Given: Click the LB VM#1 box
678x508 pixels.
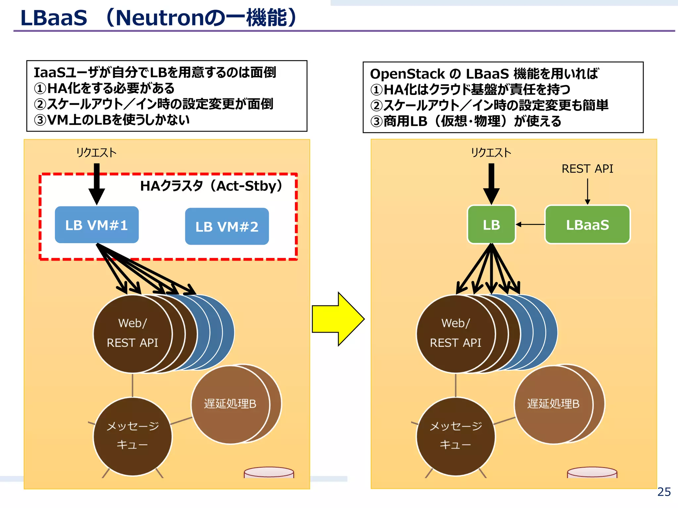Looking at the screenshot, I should point(97,225).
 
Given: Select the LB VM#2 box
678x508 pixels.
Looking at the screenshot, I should point(227,227).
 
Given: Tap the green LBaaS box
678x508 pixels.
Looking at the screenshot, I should point(587,225).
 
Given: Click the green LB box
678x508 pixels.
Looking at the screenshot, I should point(491,225).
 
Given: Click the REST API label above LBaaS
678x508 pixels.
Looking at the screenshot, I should point(587,169).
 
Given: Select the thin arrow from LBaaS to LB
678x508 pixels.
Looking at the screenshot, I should point(530,225).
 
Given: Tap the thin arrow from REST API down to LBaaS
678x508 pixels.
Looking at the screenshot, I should point(588,191).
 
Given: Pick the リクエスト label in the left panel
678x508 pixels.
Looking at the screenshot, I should point(96,152).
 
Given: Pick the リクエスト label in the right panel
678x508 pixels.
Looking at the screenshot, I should point(491,152).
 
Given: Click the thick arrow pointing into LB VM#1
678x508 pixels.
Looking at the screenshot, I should point(97,184).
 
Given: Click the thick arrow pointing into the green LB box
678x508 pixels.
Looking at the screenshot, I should point(491,184).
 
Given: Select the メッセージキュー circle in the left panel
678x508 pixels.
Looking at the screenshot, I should point(132,436).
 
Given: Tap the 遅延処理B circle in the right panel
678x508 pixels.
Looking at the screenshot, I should point(554,404).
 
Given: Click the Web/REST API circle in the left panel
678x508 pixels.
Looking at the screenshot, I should point(132,333).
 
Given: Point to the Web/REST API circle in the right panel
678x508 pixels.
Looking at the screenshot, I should point(456,333).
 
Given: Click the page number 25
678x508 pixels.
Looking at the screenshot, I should point(664,492).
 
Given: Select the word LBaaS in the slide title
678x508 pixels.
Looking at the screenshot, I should point(54,18).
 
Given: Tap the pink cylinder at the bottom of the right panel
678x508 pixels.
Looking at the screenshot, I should point(592,472).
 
